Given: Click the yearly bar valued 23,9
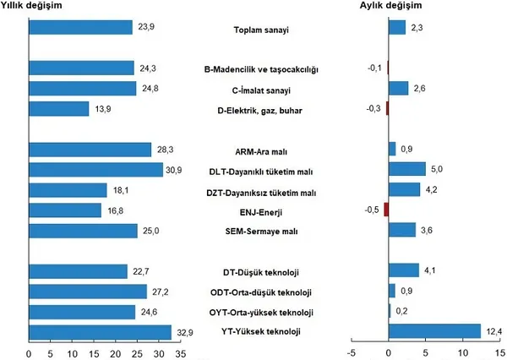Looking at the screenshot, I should click(x=80, y=27).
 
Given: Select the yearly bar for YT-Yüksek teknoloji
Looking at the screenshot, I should click(x=100, y=331).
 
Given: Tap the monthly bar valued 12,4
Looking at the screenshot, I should click(x=434, y=331).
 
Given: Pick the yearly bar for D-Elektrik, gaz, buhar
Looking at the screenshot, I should click(x=58, y=108).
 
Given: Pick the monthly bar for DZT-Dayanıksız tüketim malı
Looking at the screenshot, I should click(x=404, y=190).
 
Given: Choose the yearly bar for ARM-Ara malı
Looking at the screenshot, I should click(x=90, y=150).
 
